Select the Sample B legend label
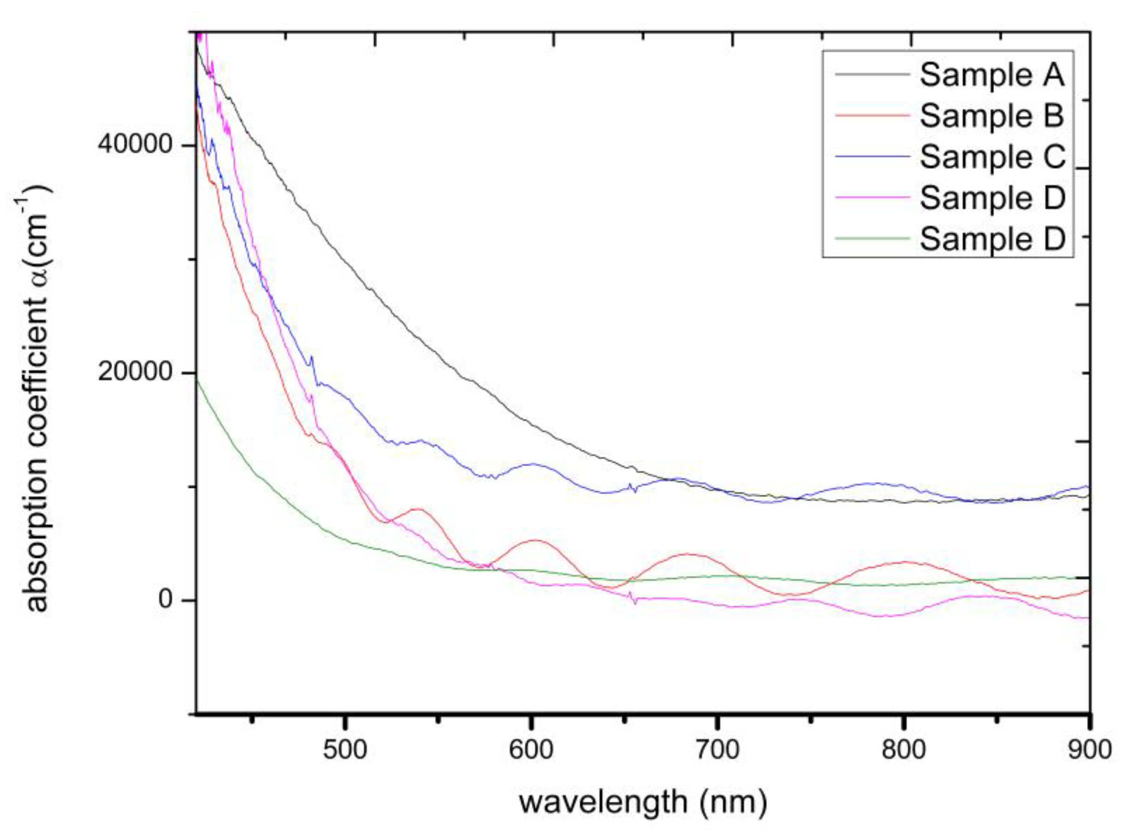tap(992, 116)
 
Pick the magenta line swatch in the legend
tap(873, 197)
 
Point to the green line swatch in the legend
tap(873, 238)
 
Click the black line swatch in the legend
tap(873, 74)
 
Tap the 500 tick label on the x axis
tap(345, 750)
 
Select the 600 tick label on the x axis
tap(531, 750)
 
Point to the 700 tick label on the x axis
tap(717, 750)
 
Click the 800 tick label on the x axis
tap(903, 750)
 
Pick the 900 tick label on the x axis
tap(1088, 750)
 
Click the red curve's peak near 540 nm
tap(418, 509)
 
